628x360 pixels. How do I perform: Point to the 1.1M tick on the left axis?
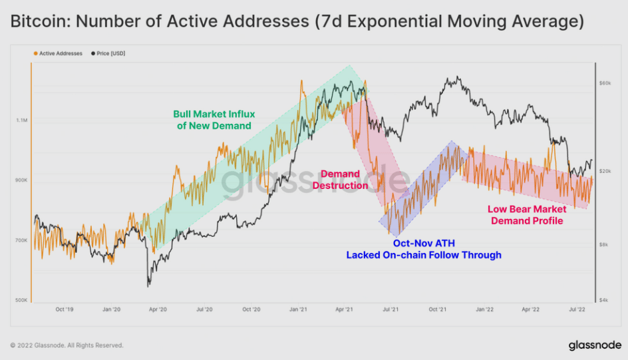coord(22,120)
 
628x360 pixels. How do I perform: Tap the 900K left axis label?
coord(22,181)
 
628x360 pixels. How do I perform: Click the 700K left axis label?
coord(22,241)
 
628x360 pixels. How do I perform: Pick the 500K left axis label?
coord(22,301)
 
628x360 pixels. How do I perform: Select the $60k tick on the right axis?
coord(605,84)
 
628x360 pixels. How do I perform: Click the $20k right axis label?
coord(605,172)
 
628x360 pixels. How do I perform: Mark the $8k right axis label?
coord(603,244)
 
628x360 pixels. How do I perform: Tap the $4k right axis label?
coord(603,301)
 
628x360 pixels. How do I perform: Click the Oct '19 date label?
coord(65,309)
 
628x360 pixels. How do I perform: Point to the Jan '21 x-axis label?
coord(297,309)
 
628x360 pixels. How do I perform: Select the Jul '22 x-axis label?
coord(577,309)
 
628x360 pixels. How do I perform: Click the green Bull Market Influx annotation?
coord(214,120)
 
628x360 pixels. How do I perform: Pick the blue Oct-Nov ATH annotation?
coord(424,249)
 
